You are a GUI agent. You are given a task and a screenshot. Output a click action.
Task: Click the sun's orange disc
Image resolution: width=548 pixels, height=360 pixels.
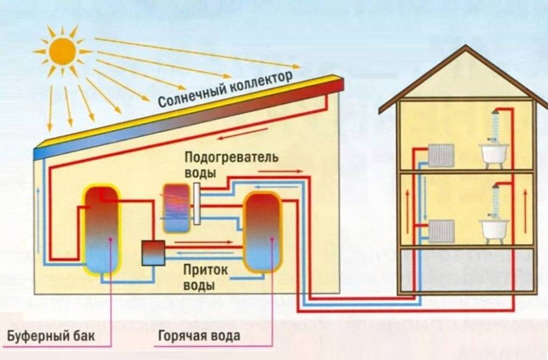point(63,51)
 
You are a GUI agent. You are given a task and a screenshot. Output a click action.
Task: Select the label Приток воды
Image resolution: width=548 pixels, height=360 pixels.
point(205,277)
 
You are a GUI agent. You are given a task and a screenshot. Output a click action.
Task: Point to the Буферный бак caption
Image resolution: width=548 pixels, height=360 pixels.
point(51,336)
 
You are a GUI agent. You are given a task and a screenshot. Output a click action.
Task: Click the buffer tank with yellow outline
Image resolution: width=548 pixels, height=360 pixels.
point(101,229)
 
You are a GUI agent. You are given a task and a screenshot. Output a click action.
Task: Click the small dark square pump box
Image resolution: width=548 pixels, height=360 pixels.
point(153,253)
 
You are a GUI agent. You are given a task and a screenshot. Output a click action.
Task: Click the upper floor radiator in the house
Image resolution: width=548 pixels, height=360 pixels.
point(441,156)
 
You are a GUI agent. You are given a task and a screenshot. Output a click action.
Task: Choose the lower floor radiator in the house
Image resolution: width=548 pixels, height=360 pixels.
point(441,231)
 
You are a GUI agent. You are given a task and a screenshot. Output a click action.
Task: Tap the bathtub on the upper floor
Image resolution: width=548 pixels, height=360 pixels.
point(494,154)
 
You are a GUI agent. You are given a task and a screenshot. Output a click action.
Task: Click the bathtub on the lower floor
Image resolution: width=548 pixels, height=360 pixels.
point(494,230)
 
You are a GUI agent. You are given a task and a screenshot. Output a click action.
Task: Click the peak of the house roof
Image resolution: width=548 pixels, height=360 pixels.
point(466,48)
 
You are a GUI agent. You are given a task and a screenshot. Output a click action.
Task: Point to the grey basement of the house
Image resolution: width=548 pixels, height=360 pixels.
point(465,271)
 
